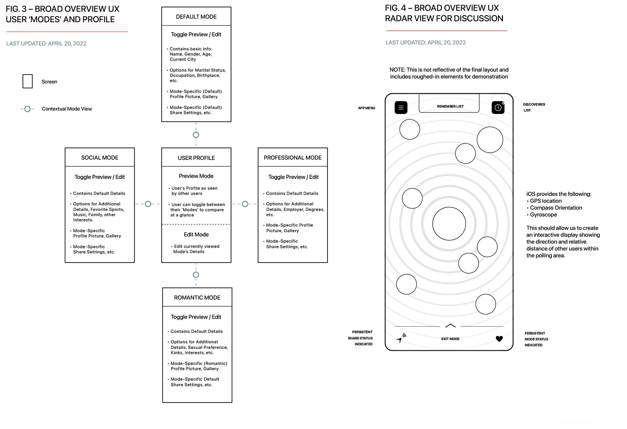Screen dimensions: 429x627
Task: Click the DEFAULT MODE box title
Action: click(x=196, y=17)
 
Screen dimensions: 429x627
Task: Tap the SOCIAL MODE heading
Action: click(x=100, y=158)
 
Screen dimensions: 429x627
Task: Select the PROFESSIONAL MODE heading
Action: click(x=292, y=158)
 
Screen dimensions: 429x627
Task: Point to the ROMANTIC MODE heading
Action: click(x=197, y=298)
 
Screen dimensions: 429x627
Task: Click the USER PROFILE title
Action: click(x=196, y=158)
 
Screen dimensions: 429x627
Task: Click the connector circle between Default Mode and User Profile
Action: click(x=196, y=135)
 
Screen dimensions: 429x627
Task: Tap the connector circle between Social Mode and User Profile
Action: click(x=148, y=204)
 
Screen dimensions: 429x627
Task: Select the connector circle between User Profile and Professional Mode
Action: click(x=245, y=204)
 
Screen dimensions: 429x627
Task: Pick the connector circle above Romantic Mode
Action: click(x=196, y=275)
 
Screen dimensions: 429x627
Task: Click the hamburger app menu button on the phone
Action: click(x=401, y=108)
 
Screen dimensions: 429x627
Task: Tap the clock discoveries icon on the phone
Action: click(x=498, y=108)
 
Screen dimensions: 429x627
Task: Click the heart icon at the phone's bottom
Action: click(x=499, y=339)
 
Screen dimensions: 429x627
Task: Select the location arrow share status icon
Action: click(x=401, y=338)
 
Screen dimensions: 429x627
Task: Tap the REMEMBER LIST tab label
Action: click(x=450, y=106)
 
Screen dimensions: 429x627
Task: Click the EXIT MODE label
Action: click(x=450, y=339)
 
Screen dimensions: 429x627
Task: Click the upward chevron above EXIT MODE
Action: click(x=450, y=326)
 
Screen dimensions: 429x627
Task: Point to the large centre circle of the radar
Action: click(x=449, y=224)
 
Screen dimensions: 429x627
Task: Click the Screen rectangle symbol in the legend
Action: click(x=27, y=81)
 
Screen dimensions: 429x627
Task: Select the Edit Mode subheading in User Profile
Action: click(x=196, y=234)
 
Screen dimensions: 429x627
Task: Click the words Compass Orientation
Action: click(x=556, y=208)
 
